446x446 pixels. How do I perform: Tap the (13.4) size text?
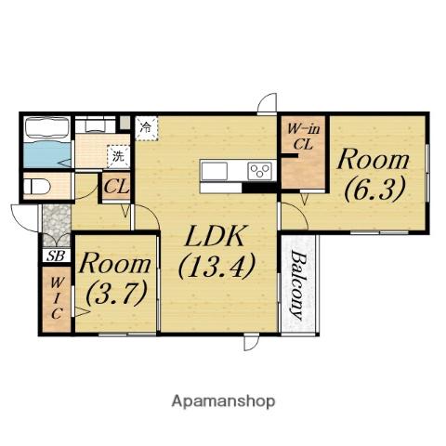tap(216, 266)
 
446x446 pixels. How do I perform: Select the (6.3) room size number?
tap(374, 190)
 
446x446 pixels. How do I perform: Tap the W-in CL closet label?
tap(303, 137)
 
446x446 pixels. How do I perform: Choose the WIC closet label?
tap(56, 298)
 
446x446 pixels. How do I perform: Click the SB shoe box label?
tap(56, 256)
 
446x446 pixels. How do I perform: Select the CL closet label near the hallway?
tap(116, 187)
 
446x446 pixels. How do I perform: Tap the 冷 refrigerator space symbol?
tap(146, 126)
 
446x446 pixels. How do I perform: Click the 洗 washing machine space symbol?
tap(118, 156)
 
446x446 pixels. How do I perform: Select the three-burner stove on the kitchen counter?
tap(260, 171)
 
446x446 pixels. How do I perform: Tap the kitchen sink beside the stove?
tap(215, 171)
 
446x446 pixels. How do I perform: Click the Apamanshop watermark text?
tap(223, 401)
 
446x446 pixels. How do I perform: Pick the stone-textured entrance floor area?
tap(56, 225)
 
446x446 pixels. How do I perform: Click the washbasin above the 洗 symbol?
tap(96, 125)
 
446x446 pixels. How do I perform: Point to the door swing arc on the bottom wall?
tap(251, 343)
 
